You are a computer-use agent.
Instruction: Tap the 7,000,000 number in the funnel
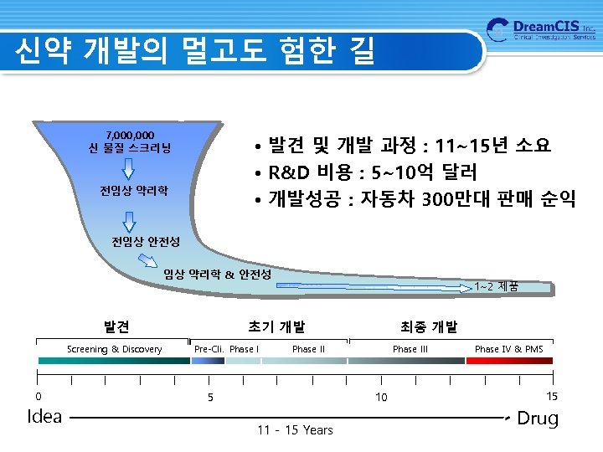pos(130,134)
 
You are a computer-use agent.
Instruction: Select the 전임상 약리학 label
pos(134,191)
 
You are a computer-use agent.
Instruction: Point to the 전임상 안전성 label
pos(146,242)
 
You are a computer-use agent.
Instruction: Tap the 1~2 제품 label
pos(496,286)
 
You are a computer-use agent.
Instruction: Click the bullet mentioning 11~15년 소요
pos(403,146)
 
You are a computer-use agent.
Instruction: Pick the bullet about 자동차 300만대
pos(415,200)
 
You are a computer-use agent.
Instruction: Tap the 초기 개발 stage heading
pos(276,326)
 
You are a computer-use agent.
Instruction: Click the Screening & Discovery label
pos(115,349)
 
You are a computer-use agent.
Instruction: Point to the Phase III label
pos(410,349)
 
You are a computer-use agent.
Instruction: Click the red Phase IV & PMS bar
pos(509,361)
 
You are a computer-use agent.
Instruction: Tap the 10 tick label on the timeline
pos(381,397)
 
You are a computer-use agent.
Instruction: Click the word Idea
pos(45,416)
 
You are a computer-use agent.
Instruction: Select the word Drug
pos(538,418)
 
